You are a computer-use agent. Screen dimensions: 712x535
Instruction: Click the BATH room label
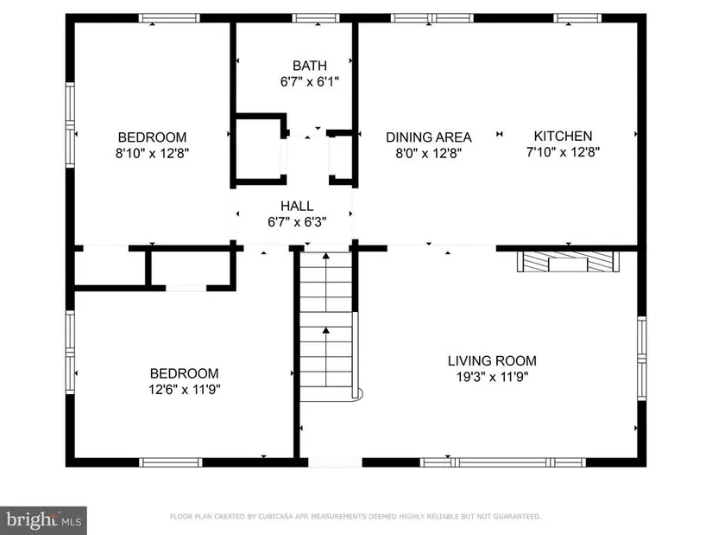[x=310, y=66]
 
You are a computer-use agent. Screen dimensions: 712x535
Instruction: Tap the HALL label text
[x=297, y=206]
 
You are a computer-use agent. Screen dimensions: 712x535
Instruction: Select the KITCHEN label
[x=563, y=136]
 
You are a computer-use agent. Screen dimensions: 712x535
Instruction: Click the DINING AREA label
[x=429, y=137]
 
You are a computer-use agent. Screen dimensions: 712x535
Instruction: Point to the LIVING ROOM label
[x=492, y=361]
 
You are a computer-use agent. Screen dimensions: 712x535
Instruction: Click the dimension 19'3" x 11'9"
[x=493, y=377]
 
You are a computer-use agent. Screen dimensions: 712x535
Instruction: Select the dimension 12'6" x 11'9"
[x=185, y=390]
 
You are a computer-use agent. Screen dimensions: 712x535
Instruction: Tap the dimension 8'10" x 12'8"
[x=152, y=153]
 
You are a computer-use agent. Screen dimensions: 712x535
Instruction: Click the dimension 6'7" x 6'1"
[x=310, y=82]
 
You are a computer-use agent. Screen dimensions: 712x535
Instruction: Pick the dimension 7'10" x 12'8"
[x=563, y=152]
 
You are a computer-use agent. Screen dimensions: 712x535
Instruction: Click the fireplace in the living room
[x=568, y=262]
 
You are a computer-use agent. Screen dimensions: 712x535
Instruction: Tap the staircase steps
[x=326, y=327]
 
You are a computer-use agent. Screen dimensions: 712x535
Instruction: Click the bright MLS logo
[x=43, y=520]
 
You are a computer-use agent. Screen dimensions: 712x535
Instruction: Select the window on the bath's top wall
[x=316, y=18]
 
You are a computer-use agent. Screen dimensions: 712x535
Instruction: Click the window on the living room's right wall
[x=641, y=359]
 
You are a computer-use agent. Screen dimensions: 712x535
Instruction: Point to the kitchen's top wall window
[x=577, y=18]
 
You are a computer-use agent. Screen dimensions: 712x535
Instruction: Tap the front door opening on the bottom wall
[x=335, y=462]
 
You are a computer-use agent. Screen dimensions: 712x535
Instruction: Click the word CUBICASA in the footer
[x=275, y=516]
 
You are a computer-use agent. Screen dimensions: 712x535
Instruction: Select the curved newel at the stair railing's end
[x=358, y=394]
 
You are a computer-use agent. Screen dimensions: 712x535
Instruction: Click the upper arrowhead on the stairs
[x=326, y=256]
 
